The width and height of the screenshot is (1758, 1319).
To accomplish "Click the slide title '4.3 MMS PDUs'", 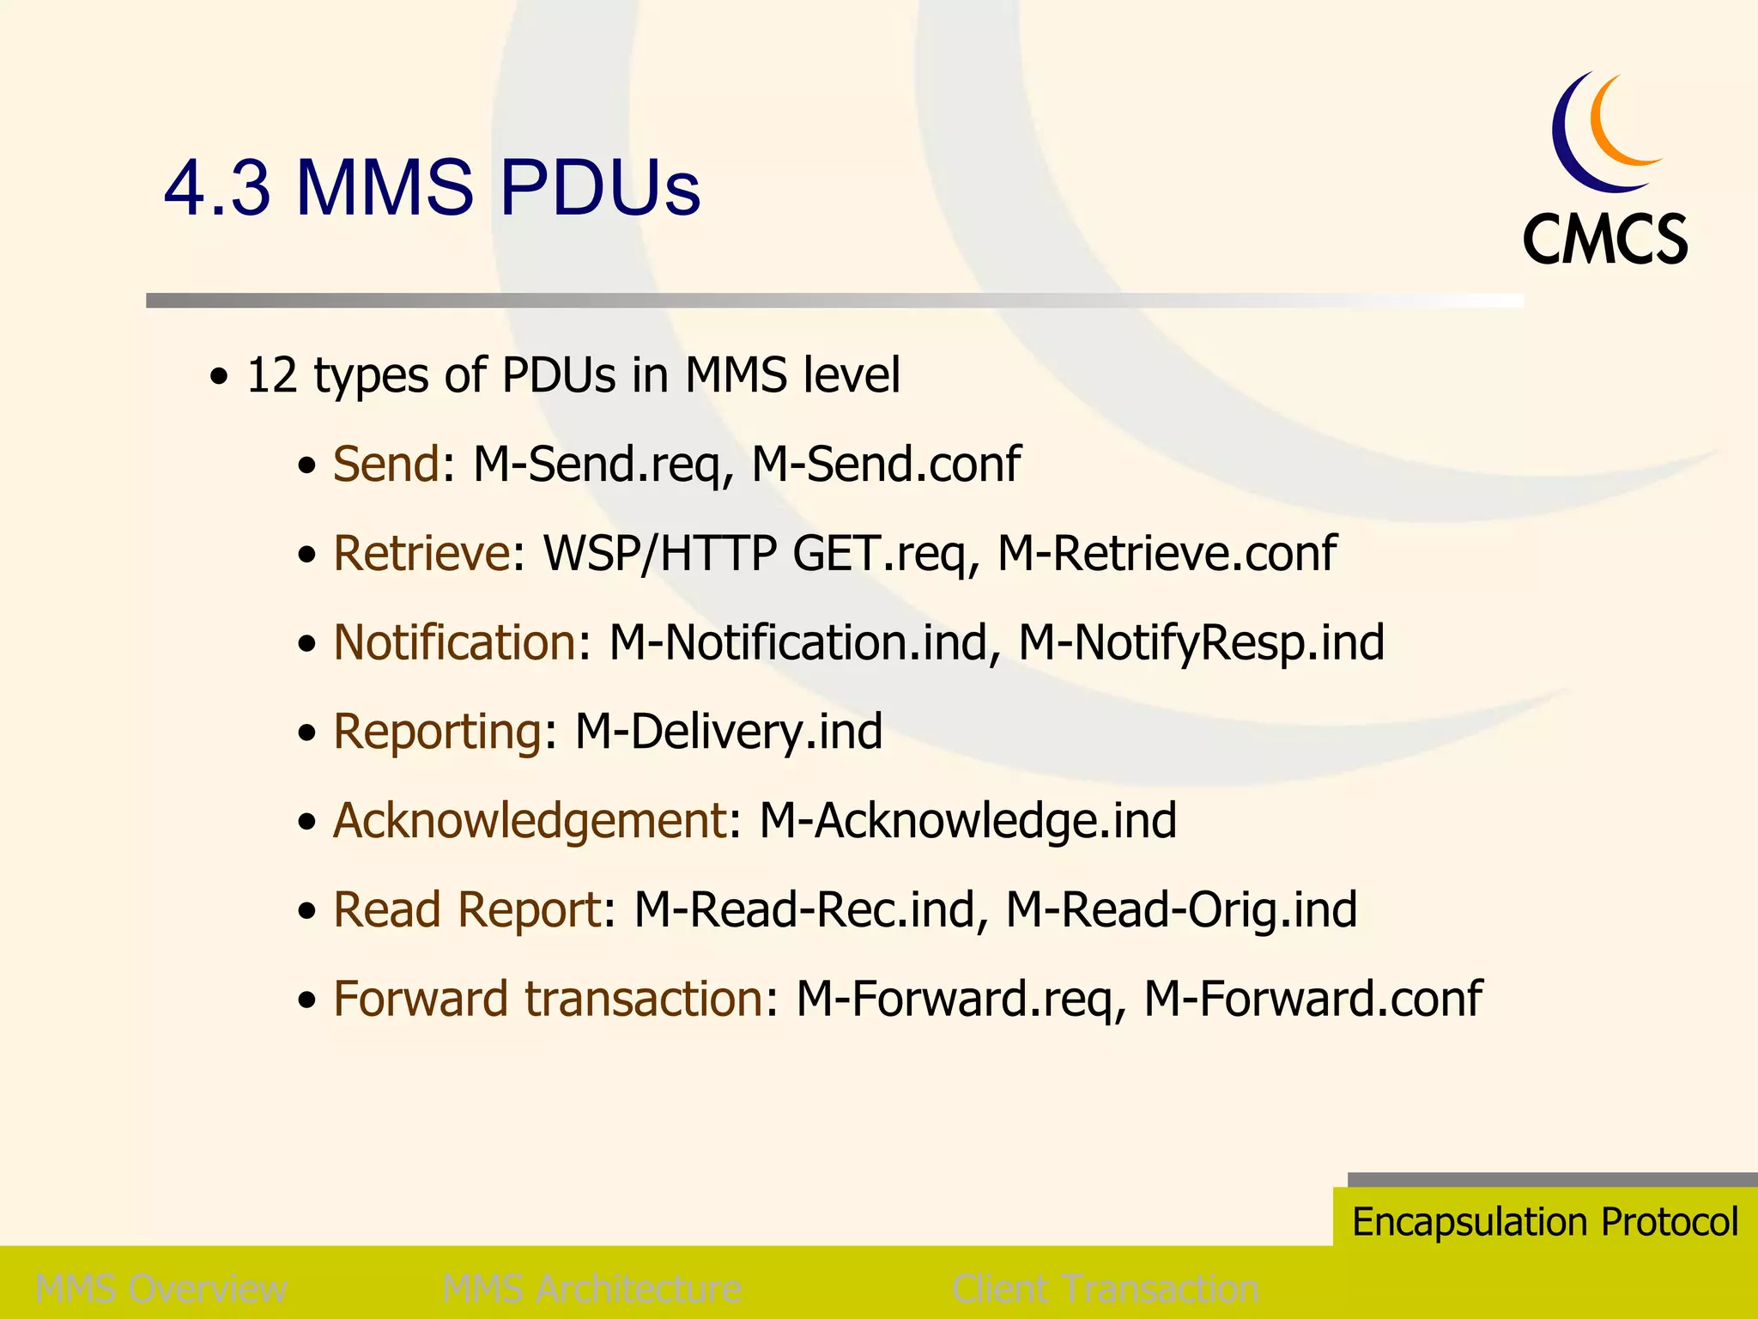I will (x=432, y=187).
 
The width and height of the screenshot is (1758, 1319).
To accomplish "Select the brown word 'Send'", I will (x=386, y=465).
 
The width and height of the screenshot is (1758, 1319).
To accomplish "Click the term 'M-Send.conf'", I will (x=886, y=465).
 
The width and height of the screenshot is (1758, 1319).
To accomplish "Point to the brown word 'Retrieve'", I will (x=421, y=553).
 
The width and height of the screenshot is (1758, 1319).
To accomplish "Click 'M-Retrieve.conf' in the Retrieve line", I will (x=1167, y=553).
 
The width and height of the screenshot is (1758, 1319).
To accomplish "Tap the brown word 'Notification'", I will (x=454, y=642).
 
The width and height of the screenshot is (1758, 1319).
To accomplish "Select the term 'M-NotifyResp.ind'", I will (x=1201, y=642).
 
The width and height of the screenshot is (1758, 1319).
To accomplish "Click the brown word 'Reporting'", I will (x=437, y=732).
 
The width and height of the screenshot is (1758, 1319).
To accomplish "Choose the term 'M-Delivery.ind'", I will (x=728, y=732).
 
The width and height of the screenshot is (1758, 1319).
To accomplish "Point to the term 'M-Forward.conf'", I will (x=1312, y=999).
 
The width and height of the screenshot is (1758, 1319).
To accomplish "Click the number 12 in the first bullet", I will (x=272, y=376).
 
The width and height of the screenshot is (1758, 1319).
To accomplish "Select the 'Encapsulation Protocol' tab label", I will (x=1545, y=1221).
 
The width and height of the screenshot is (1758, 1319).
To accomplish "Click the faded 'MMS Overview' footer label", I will (x=161, y=1289).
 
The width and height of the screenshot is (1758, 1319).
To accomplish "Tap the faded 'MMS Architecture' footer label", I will (x=591, y=1289).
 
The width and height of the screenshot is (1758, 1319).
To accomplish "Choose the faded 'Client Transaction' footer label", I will (x=1106, y=1289).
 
